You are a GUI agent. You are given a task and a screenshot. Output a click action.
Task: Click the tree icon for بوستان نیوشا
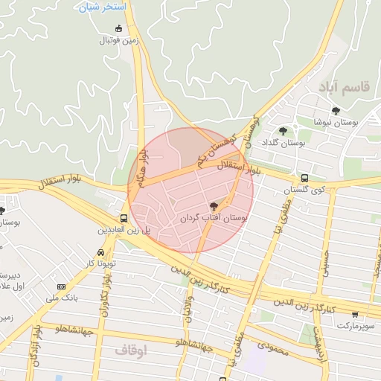pyautogui.click(x=336, y=111)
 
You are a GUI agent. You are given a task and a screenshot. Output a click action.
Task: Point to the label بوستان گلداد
pyautogui.click(x=284, y=141)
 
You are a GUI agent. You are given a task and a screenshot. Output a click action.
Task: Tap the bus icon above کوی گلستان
pyautogui.click(x=304, y=179)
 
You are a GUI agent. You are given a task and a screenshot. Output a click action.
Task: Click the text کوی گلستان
pyautogui.click(x=304, y=190)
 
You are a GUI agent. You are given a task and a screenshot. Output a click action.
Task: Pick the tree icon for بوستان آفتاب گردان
pyautogui.click(x=214, y=206)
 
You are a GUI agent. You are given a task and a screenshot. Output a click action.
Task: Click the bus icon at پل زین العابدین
pyautogui.click(x=124, y=219)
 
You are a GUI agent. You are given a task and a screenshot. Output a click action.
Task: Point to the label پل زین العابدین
pyautogui.click(x=124, y=231)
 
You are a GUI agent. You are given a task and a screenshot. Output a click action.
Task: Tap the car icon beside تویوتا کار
pyautogui.click(x=100, y=252)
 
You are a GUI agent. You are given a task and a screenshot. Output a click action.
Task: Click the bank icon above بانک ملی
pyautogui.click(x=60, y=286)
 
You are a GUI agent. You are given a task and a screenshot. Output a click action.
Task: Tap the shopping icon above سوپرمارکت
pyautogui.click(x=355, y=314)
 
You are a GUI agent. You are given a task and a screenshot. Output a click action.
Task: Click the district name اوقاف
pyautogui.click(x=134, y=348)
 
